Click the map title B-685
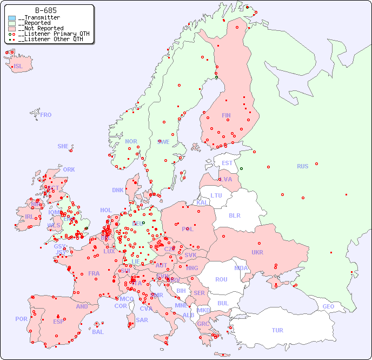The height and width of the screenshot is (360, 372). point(45,10)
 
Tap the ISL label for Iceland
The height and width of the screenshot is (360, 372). point(18,67)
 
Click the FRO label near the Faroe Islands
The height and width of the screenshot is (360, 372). point(46,115)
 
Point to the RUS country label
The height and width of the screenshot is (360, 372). point(302,166)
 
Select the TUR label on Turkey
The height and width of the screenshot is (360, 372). point(277,330)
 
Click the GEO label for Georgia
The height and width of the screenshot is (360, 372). point(328,306)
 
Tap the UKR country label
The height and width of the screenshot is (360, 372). point(257,252)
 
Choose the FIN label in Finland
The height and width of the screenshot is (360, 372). point(226,115)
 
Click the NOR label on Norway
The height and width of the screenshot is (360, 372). point(131,141)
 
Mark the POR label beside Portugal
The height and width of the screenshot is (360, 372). point(21,319)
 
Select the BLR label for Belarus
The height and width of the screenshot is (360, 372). point(234,215)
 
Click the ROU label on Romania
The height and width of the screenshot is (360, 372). point(221,279)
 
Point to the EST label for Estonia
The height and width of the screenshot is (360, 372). point(227,163)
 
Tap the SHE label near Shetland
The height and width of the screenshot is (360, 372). point(63,146)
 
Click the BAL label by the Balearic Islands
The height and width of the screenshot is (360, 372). point(97,332)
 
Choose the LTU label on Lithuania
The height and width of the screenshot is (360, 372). point(216,195)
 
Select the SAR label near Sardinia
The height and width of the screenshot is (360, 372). point(142,320)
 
